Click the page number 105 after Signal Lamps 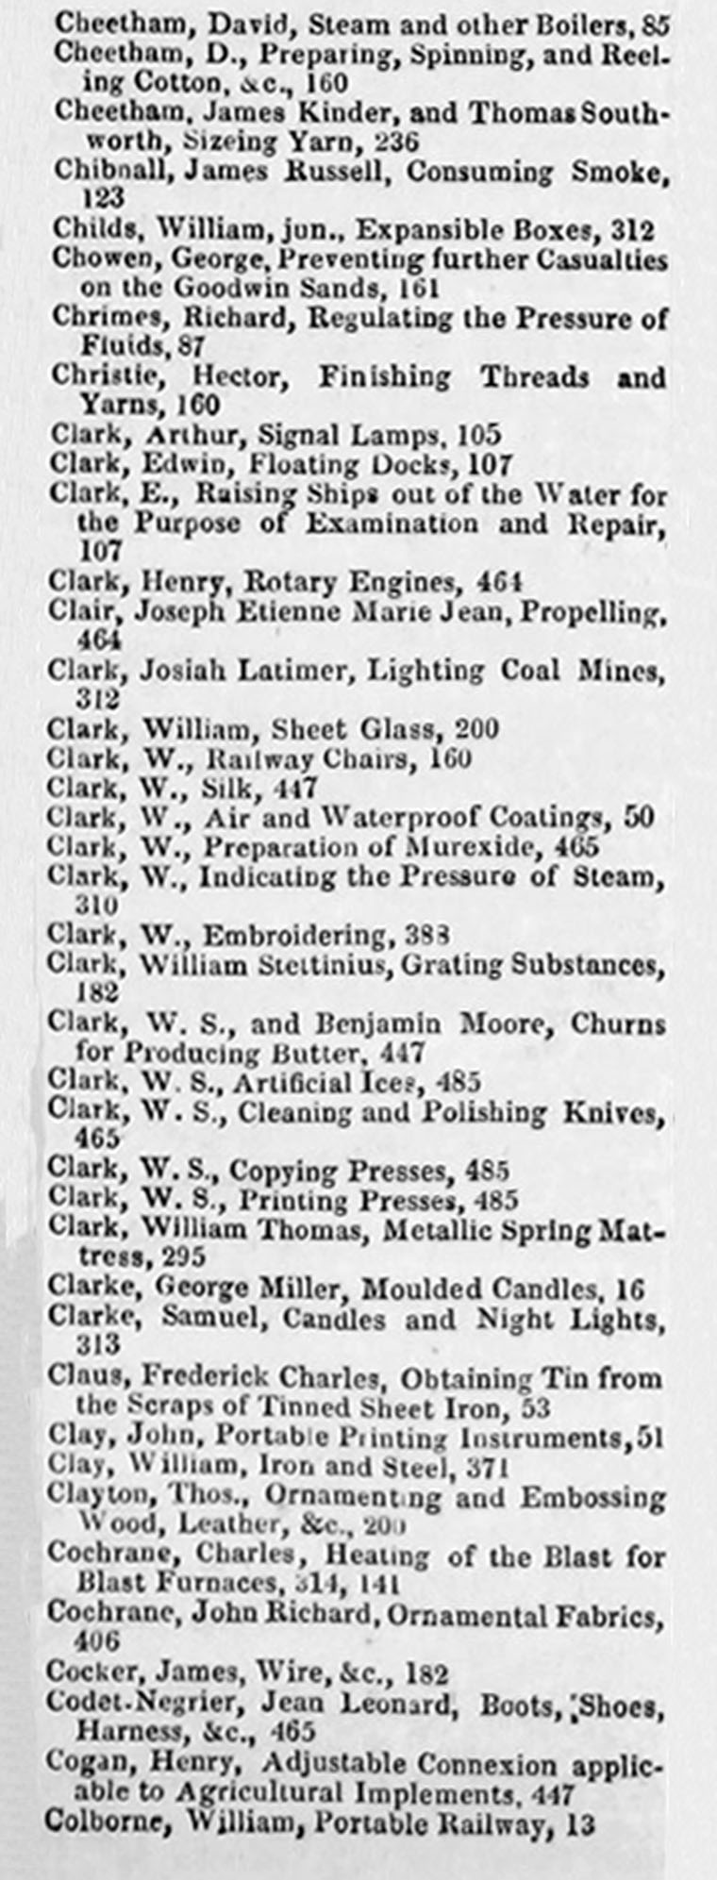pyautogui.click(x=478, y=436)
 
